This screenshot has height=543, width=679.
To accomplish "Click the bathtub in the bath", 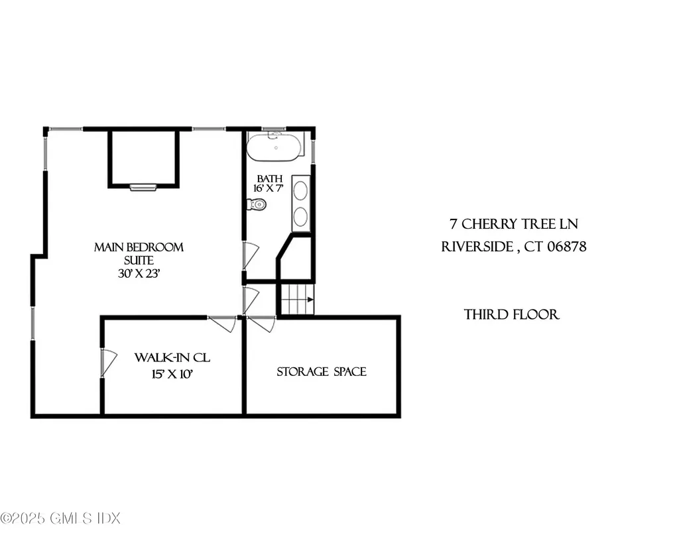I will pos(275,146).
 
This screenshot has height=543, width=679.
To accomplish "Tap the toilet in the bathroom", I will pos(257,205).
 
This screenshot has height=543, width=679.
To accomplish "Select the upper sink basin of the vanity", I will pos(300,190).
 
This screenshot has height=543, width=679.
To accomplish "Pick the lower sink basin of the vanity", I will pos(300,217).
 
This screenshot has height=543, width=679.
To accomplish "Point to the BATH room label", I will pos(270,178).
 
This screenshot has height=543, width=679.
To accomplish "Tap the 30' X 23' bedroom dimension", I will pos(139,272).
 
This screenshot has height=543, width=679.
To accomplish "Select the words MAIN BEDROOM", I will pos(139,247).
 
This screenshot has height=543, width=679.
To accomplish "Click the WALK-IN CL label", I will pos(172,358).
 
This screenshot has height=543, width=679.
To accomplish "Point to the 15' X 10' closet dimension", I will pos(172,374).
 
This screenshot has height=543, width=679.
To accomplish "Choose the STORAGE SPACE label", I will pos(322,372).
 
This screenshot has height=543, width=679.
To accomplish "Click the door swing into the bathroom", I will pos(250,255).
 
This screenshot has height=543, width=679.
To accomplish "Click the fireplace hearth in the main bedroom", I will pos(143,187).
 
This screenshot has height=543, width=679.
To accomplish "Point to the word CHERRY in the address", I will pos(488,225).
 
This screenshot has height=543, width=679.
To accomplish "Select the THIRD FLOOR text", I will pos(512,314).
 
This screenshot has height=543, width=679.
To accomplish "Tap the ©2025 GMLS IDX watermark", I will pos(60,518).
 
